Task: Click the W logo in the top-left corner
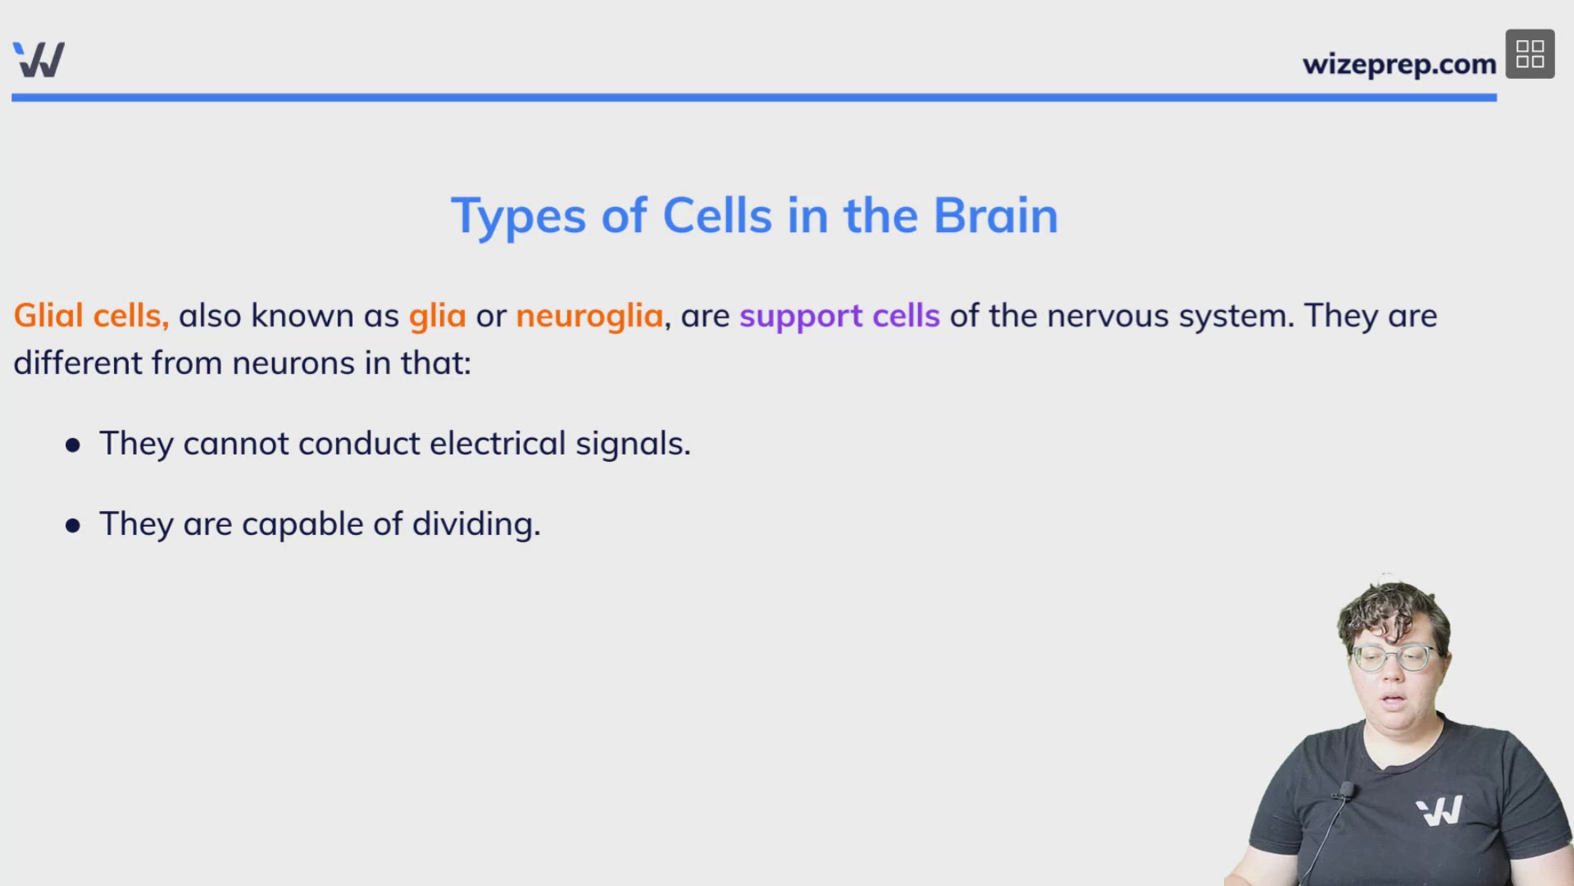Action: pyautogui.click(x=39, y=59)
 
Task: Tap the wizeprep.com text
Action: pyautogui.click(x=1399, y=64)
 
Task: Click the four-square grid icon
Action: pyautogui.click(x=1530, y=54)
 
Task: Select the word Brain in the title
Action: pyautogui.click(x=995, y=216)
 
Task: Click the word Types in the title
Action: pyautogui.click(x=518, y=217)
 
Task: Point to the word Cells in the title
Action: pyautogui.click(x=716, y=216)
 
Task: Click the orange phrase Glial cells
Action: pyautogui.click(x=91, y=316)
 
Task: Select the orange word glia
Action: pyautogui.click(x=437, y=316)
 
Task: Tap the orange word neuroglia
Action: pyautogui.click(x=589, y=316)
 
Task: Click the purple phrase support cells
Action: pyautogui.click(x=839, y=316)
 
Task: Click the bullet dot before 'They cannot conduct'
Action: pyautogui.click(x=73, y=445)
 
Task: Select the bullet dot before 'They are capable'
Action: pyautogui.click(x=73, y=525)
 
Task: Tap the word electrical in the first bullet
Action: pyautogui.click(x=498, y=444)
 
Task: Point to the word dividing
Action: pyautogui.click(x=475, y=525)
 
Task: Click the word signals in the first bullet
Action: pyautogui.click(x=632, y=444)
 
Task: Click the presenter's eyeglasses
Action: pyautogui.click(x=1393, y=658)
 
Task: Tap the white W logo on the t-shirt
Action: pyautogui.click(x=1440, y=811)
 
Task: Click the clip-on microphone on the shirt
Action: pyautogui.click(x=1344, y=792)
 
